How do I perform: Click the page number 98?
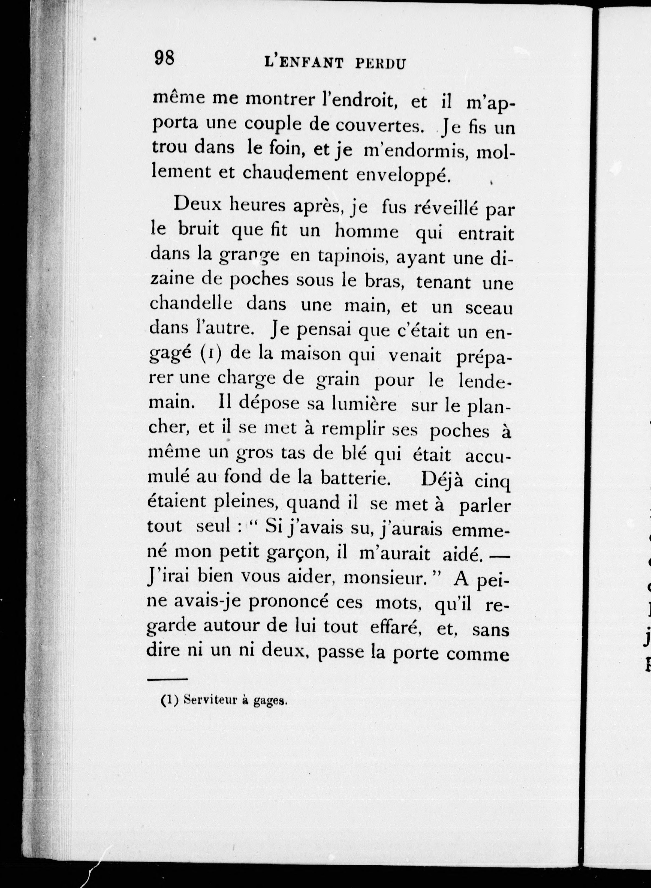coord(164,59)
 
